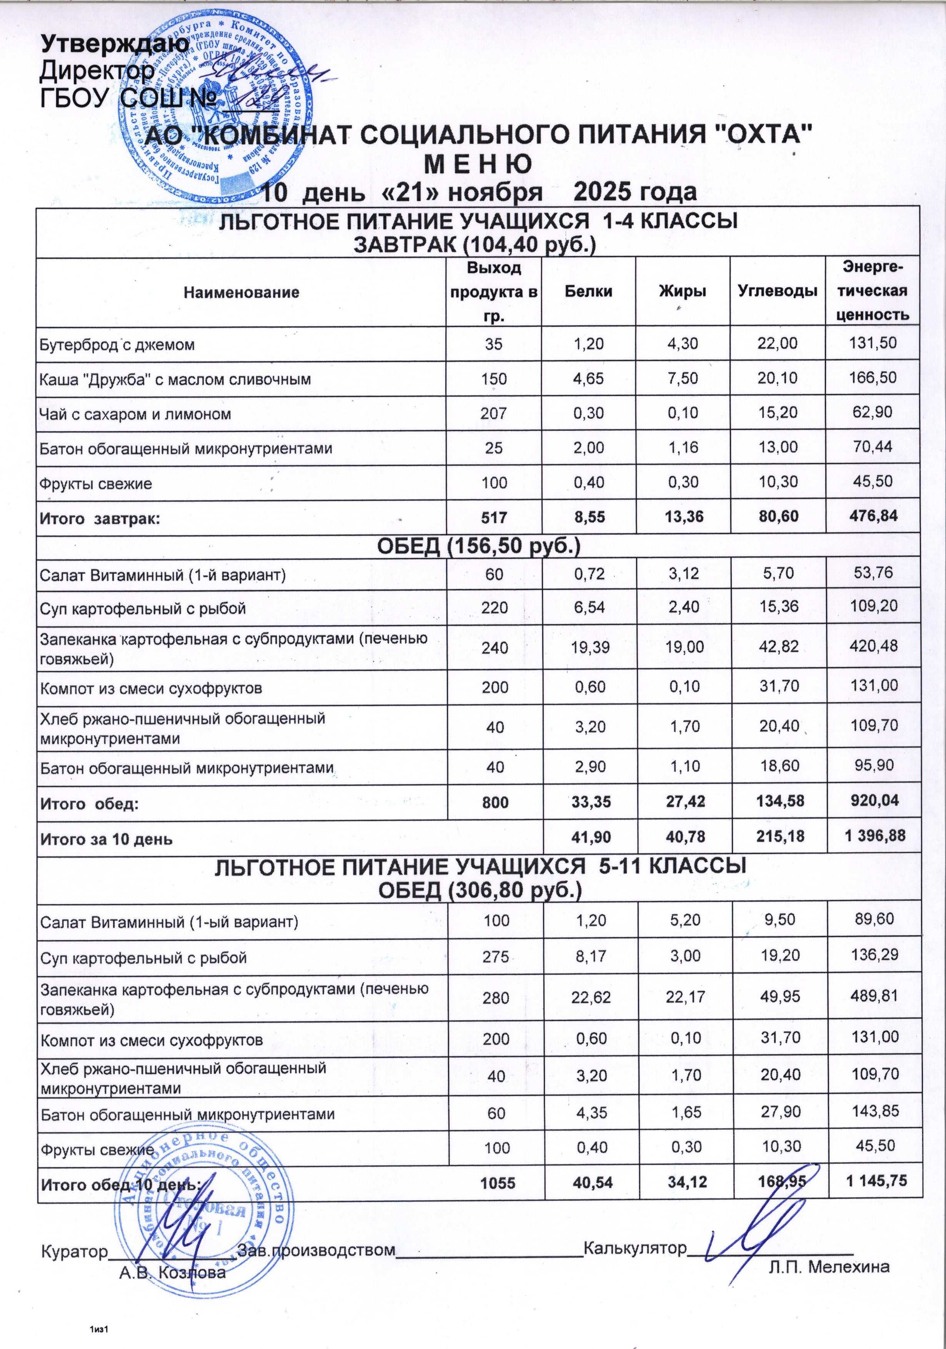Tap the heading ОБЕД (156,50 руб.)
tap(478, 546)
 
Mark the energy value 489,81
tap(874, 997)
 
